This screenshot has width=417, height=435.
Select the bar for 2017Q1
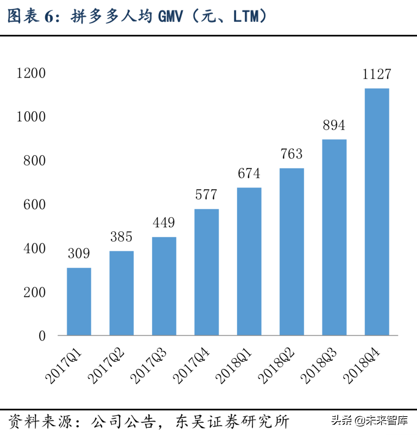pos(79,301)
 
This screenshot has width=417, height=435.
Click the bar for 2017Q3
pos(164,286)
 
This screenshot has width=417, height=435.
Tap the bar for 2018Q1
pos(249,261)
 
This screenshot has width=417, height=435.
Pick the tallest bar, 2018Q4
pos(377,212)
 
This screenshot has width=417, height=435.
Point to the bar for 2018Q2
pos(292,252)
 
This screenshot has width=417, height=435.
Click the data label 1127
pos(377,74)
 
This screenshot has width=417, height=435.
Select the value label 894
pos(334,125)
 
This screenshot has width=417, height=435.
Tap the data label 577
pos(206,194)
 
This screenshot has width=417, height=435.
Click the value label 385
pos(121,237)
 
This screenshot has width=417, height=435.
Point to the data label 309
pos(79,253)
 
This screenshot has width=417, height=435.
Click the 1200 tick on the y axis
pos(31,73)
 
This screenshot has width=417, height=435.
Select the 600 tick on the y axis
pos(34,204)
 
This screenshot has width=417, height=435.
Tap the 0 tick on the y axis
pos(42,336)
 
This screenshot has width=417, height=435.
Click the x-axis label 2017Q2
pos(106,366)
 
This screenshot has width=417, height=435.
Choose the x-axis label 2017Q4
pos(191,366)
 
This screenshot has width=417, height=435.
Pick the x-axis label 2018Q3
pos(319,366)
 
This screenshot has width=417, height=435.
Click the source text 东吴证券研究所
pos(233,422)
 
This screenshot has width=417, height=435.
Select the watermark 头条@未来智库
pos(369,420)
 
